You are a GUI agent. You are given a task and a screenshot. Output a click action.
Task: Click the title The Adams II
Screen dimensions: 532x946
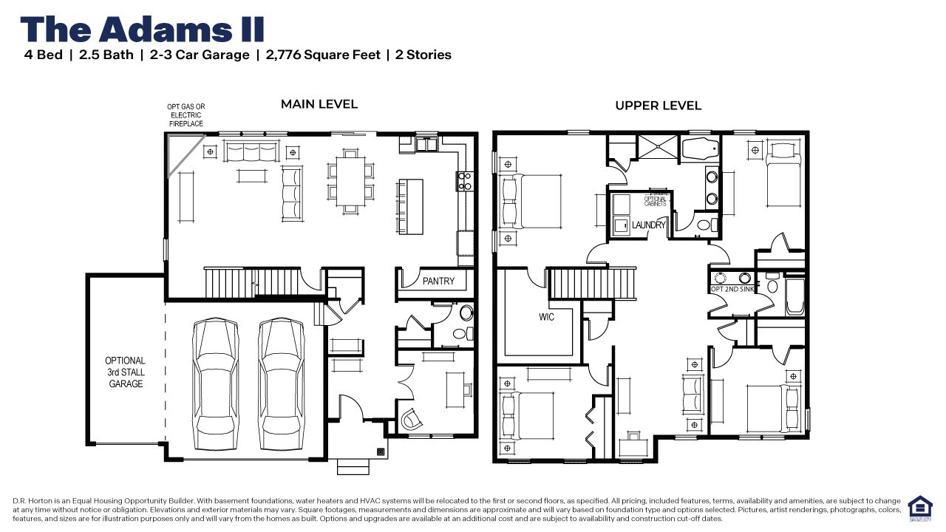[142, 29]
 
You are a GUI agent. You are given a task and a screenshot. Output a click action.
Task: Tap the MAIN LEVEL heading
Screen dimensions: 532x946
[319, 104]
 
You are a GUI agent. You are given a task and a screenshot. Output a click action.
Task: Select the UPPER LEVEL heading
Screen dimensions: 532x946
[658, 106]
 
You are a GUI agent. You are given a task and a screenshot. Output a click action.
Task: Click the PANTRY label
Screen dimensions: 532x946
[438, 282]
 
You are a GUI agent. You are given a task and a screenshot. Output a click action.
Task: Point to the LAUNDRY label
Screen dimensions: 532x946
[649, 225]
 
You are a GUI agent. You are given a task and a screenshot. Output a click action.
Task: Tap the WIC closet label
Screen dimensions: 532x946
[546, 317]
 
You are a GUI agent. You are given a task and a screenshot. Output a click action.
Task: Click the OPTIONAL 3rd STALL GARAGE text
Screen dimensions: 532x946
[126, 372]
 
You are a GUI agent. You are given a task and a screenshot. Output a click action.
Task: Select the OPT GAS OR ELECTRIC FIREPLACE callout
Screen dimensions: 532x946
[186, 115]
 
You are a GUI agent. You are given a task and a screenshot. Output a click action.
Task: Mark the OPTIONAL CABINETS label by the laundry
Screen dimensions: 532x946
[656, 200]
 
